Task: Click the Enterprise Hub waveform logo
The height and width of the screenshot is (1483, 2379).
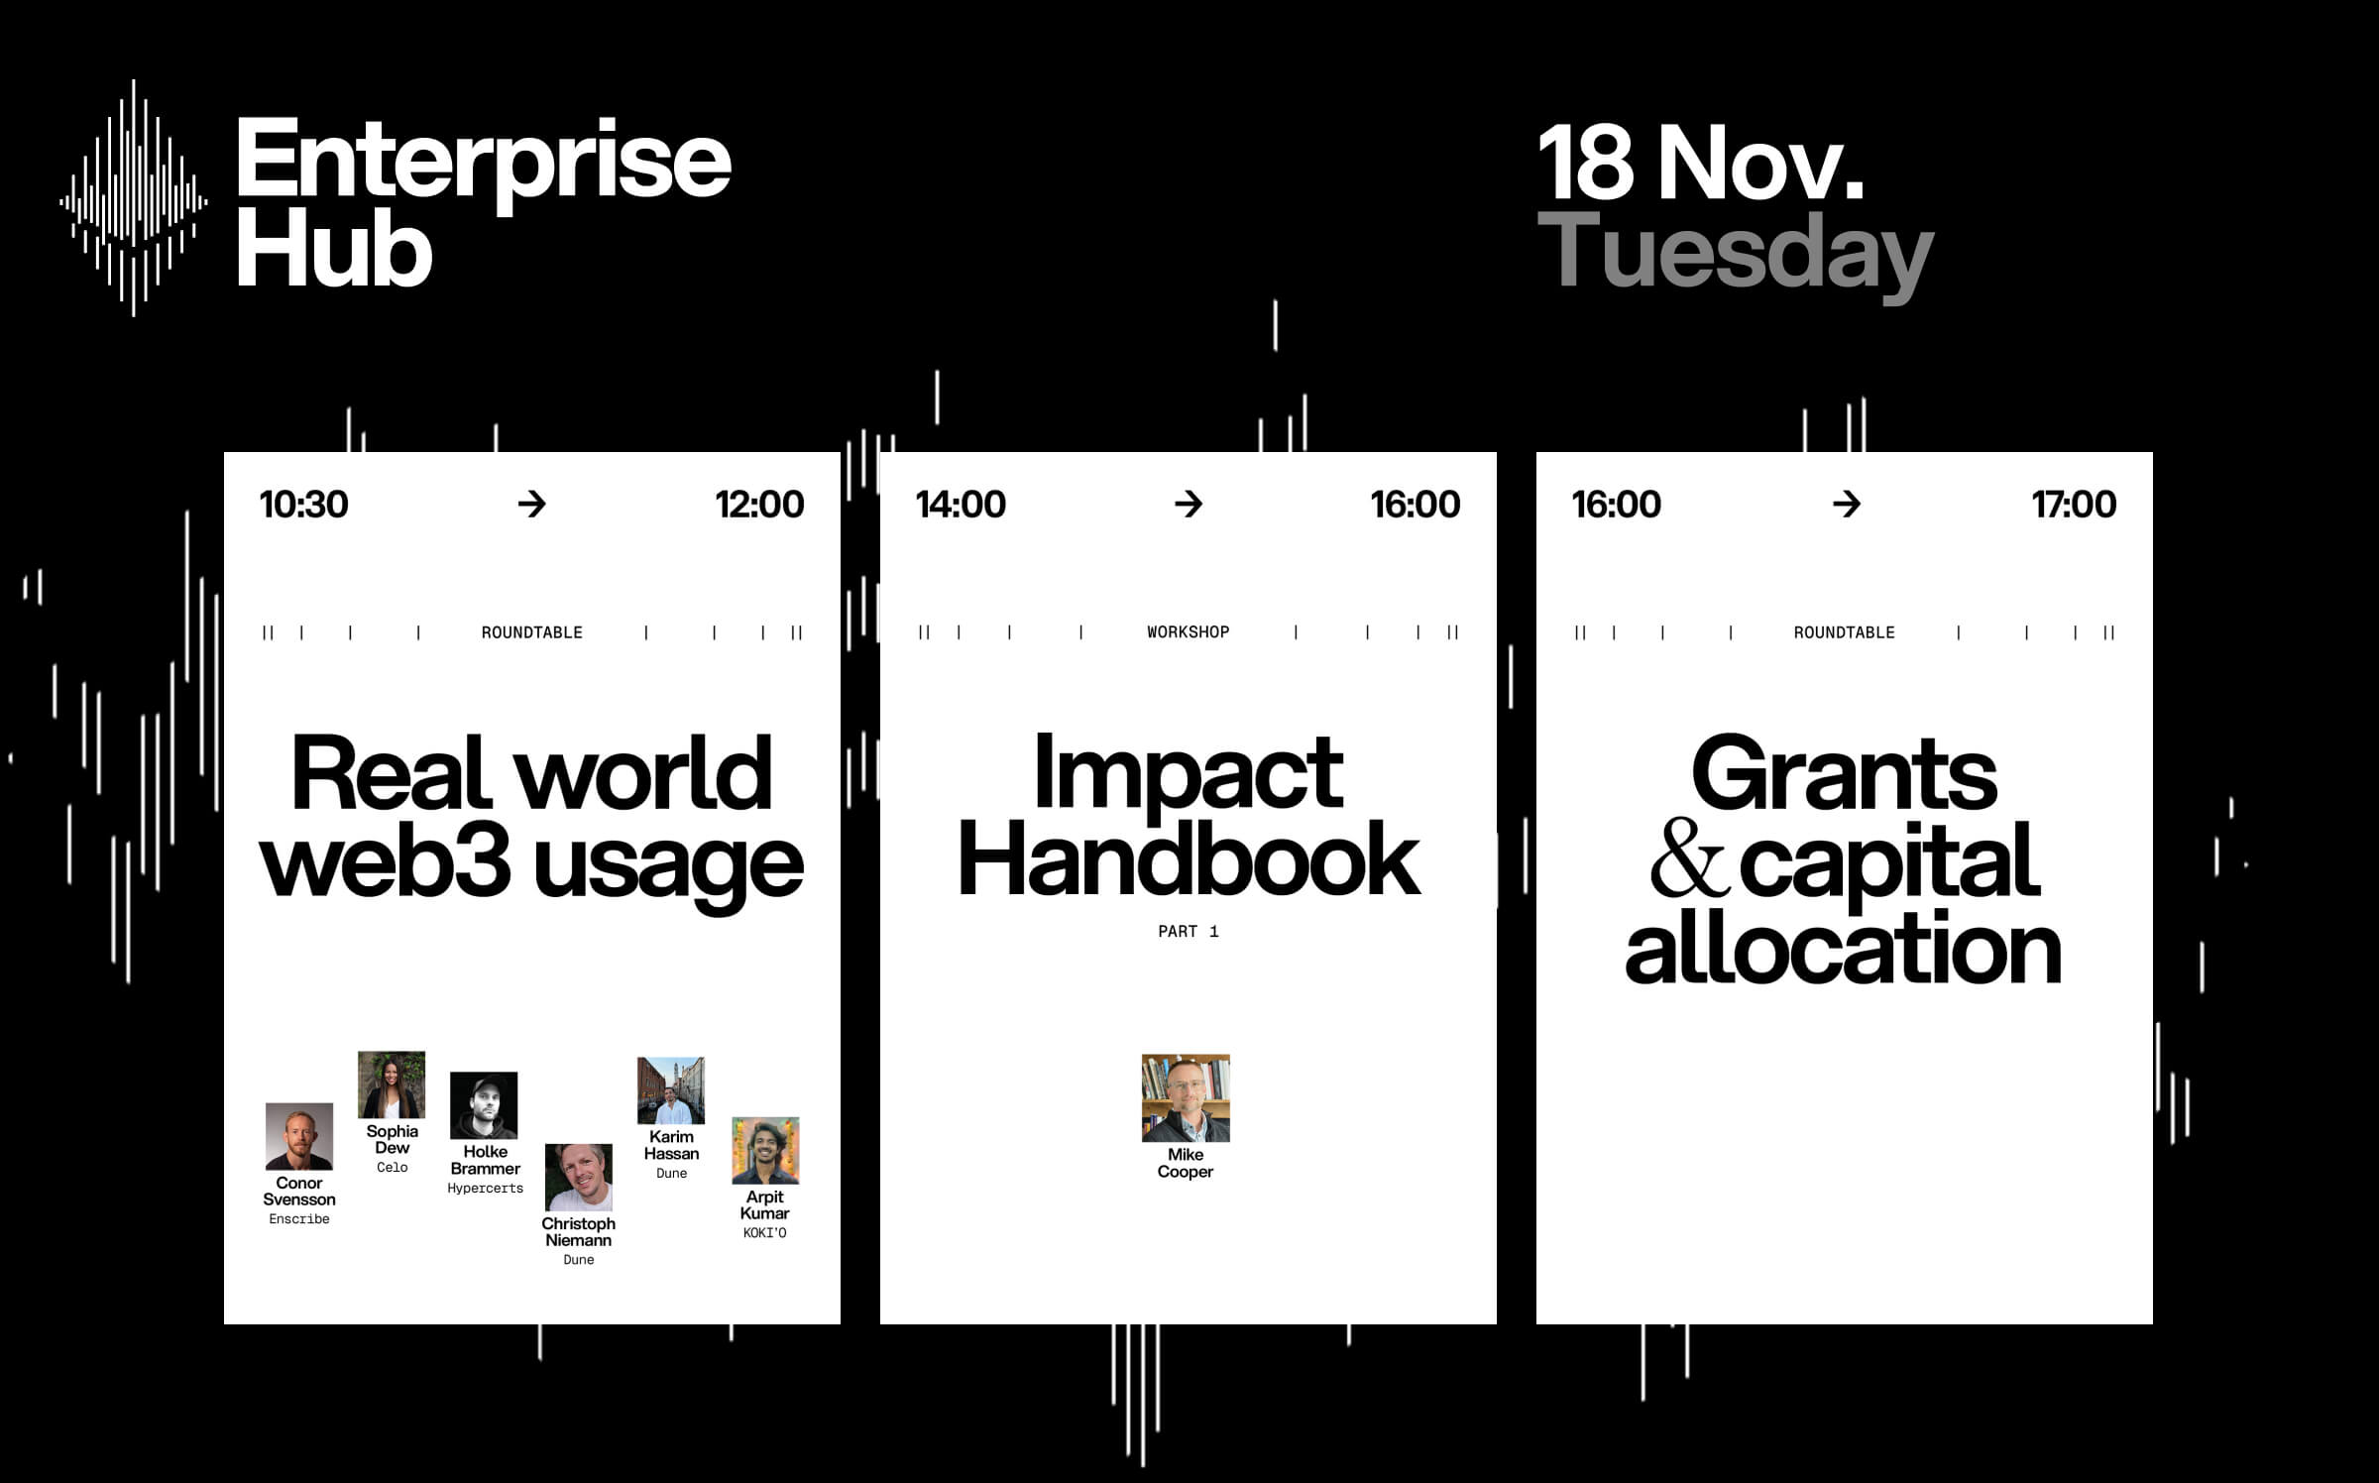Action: (134, 198)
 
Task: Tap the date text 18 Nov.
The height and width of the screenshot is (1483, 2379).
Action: (1699, 163)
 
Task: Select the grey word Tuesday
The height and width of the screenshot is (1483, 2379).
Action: (1735, 254)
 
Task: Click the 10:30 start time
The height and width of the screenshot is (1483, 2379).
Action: (303, 505)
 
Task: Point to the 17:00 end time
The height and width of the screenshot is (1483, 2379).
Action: (2073, 505)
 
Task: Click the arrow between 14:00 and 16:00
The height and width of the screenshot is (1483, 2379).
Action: (1188, 505)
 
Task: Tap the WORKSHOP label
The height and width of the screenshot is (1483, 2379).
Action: (1188, 632)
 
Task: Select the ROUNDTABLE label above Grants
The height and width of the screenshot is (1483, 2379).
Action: (1844, 632)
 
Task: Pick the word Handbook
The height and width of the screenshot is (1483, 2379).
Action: (1188, 860)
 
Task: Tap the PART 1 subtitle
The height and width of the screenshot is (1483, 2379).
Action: (1188, 932)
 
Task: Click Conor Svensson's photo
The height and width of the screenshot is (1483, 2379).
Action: (299, 1136)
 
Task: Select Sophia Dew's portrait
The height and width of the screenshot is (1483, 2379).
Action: (392, 1084)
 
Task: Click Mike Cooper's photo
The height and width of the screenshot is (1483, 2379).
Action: (1186, 1098)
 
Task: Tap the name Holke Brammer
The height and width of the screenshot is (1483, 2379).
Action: (485, 1160)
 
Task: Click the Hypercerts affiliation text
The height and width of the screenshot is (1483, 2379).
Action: (485, 1189)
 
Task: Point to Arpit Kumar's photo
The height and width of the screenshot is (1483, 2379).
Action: (765, 1151)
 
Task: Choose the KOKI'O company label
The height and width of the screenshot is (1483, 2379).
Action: (765, 1233)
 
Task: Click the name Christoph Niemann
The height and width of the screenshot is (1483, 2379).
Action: (579, 1232)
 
